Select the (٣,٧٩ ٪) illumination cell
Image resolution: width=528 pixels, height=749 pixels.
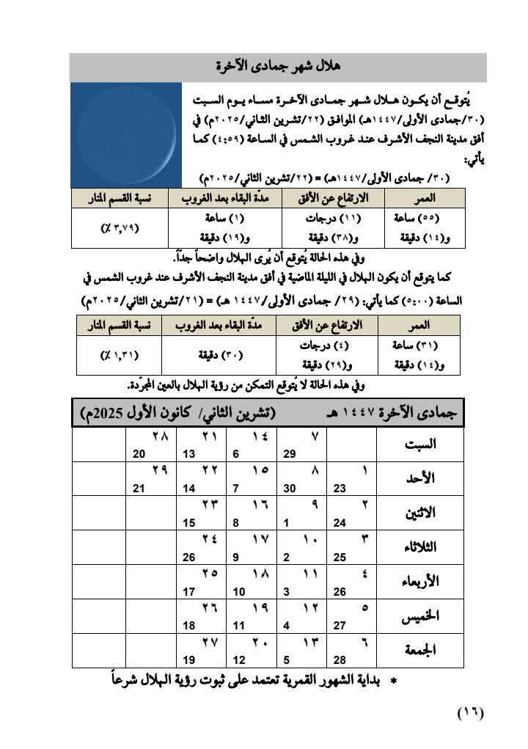(120, 227)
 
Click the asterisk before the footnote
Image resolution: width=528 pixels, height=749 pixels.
(393, 682)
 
